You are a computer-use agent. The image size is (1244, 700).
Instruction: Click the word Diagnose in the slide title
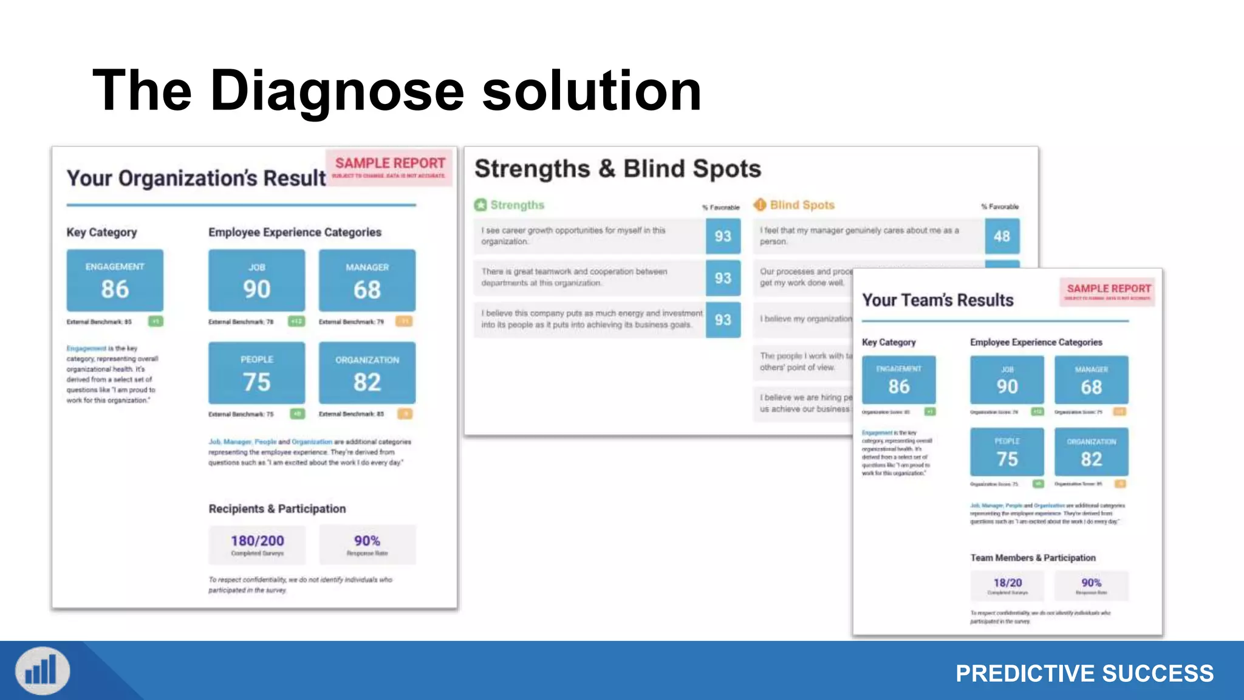pos(337,91)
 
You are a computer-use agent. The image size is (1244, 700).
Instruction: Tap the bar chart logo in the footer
pos(43,671)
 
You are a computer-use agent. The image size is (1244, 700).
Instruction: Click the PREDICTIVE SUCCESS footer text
pos(1084,673)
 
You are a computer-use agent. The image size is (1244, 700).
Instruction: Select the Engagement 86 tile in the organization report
pos(115,280)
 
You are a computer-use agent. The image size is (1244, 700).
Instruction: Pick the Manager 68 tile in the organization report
pos(367,281)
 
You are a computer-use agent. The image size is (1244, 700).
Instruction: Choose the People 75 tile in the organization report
pos(256,372)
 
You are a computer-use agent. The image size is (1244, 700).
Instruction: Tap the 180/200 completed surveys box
pos(257,544)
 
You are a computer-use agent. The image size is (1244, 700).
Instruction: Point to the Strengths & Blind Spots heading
pos(617,169)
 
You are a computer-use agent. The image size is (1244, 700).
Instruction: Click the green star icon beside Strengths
pos(480,205)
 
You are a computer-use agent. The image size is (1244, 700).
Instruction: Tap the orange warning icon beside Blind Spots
pos(760,205)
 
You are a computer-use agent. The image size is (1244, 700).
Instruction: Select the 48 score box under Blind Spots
pos(1002,236)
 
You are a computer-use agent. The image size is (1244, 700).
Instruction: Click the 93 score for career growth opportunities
pos(723,236)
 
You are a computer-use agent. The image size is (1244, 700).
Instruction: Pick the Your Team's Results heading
pos(937,300)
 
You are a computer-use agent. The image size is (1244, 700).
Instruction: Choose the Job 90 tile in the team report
pos(1006,380)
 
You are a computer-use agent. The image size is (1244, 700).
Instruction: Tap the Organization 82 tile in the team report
pos(1091,452)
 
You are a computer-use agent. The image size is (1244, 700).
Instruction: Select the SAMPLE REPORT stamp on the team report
pos(1108,290)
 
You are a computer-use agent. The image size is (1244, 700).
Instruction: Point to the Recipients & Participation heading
pos(277,509)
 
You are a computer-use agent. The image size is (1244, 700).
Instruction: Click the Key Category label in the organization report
pos(102,232)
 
